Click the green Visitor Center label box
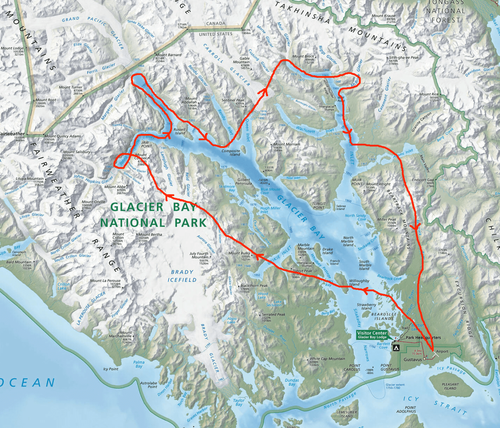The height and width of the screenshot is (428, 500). coord(372,335)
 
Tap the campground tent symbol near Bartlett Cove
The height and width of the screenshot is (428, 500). coord(396,348)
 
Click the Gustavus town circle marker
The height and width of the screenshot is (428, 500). coord(425,359)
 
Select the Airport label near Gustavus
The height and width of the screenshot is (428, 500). coord(442,351)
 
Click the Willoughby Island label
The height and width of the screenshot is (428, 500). coord(359,283)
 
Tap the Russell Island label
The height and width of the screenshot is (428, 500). coord(180,131)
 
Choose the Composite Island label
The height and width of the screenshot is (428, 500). coord(231,152)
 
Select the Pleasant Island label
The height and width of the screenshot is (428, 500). coord(450,386)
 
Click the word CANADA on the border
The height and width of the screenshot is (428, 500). coord(216,23)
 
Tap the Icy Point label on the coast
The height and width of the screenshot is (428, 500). coord(111,369)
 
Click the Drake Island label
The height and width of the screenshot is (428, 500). coord(328,251)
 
